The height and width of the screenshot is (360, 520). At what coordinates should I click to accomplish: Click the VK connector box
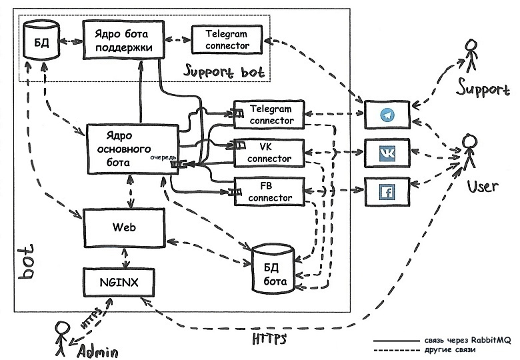(x=269, y=153)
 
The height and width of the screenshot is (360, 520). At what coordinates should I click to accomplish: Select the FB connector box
(x=269, y=191)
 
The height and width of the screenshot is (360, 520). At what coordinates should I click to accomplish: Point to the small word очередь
(x=163, y=157)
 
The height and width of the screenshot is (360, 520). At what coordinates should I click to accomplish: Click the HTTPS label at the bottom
(x=270, y=338)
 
